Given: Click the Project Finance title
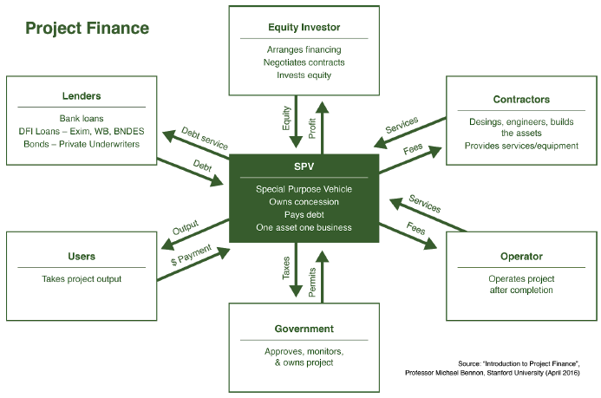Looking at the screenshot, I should coord(87,28).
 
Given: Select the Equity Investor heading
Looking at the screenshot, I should coord(304,27).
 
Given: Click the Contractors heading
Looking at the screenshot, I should coord(520,100).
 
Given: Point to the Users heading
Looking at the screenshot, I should coord(82,257).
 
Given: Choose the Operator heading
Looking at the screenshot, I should coord(520,257).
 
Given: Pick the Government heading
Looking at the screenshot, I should coord(304,329).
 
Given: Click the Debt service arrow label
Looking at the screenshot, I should coord(205,140).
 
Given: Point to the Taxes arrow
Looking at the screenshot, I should coord(297,271).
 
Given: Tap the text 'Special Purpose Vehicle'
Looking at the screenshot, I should coord(304,188).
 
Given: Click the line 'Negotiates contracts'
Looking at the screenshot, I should coord(304,62).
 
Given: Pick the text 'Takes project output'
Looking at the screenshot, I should coord(82,279).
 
